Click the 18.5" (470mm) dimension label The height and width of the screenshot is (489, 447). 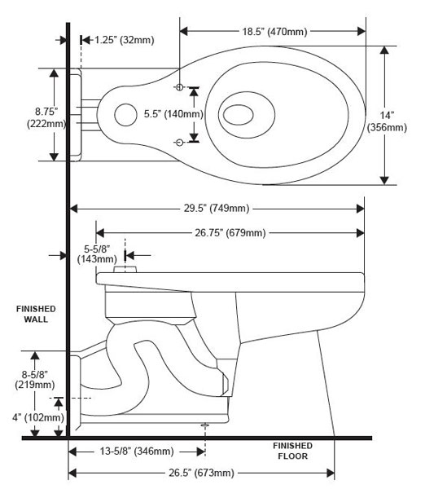pos(273,31)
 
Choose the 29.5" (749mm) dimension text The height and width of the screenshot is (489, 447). pos(215,207)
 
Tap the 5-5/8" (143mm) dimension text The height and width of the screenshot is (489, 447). pos(98,254)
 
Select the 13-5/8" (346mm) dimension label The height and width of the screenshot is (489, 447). pos(136,451)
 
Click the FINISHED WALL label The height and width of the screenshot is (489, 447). pos(35,314)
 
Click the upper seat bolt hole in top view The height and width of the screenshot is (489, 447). pos(180,86)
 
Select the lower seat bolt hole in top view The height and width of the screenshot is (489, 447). pos(180,142)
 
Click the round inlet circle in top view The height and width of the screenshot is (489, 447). pos(125,115)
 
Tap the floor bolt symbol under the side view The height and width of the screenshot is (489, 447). pos(204,425)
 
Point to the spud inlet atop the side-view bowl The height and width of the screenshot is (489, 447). pos(125,268)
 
